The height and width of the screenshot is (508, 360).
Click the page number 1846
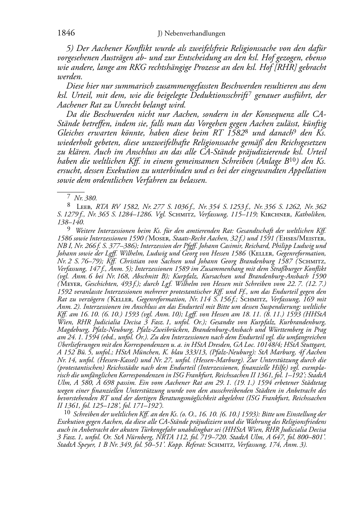pos(66,33)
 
